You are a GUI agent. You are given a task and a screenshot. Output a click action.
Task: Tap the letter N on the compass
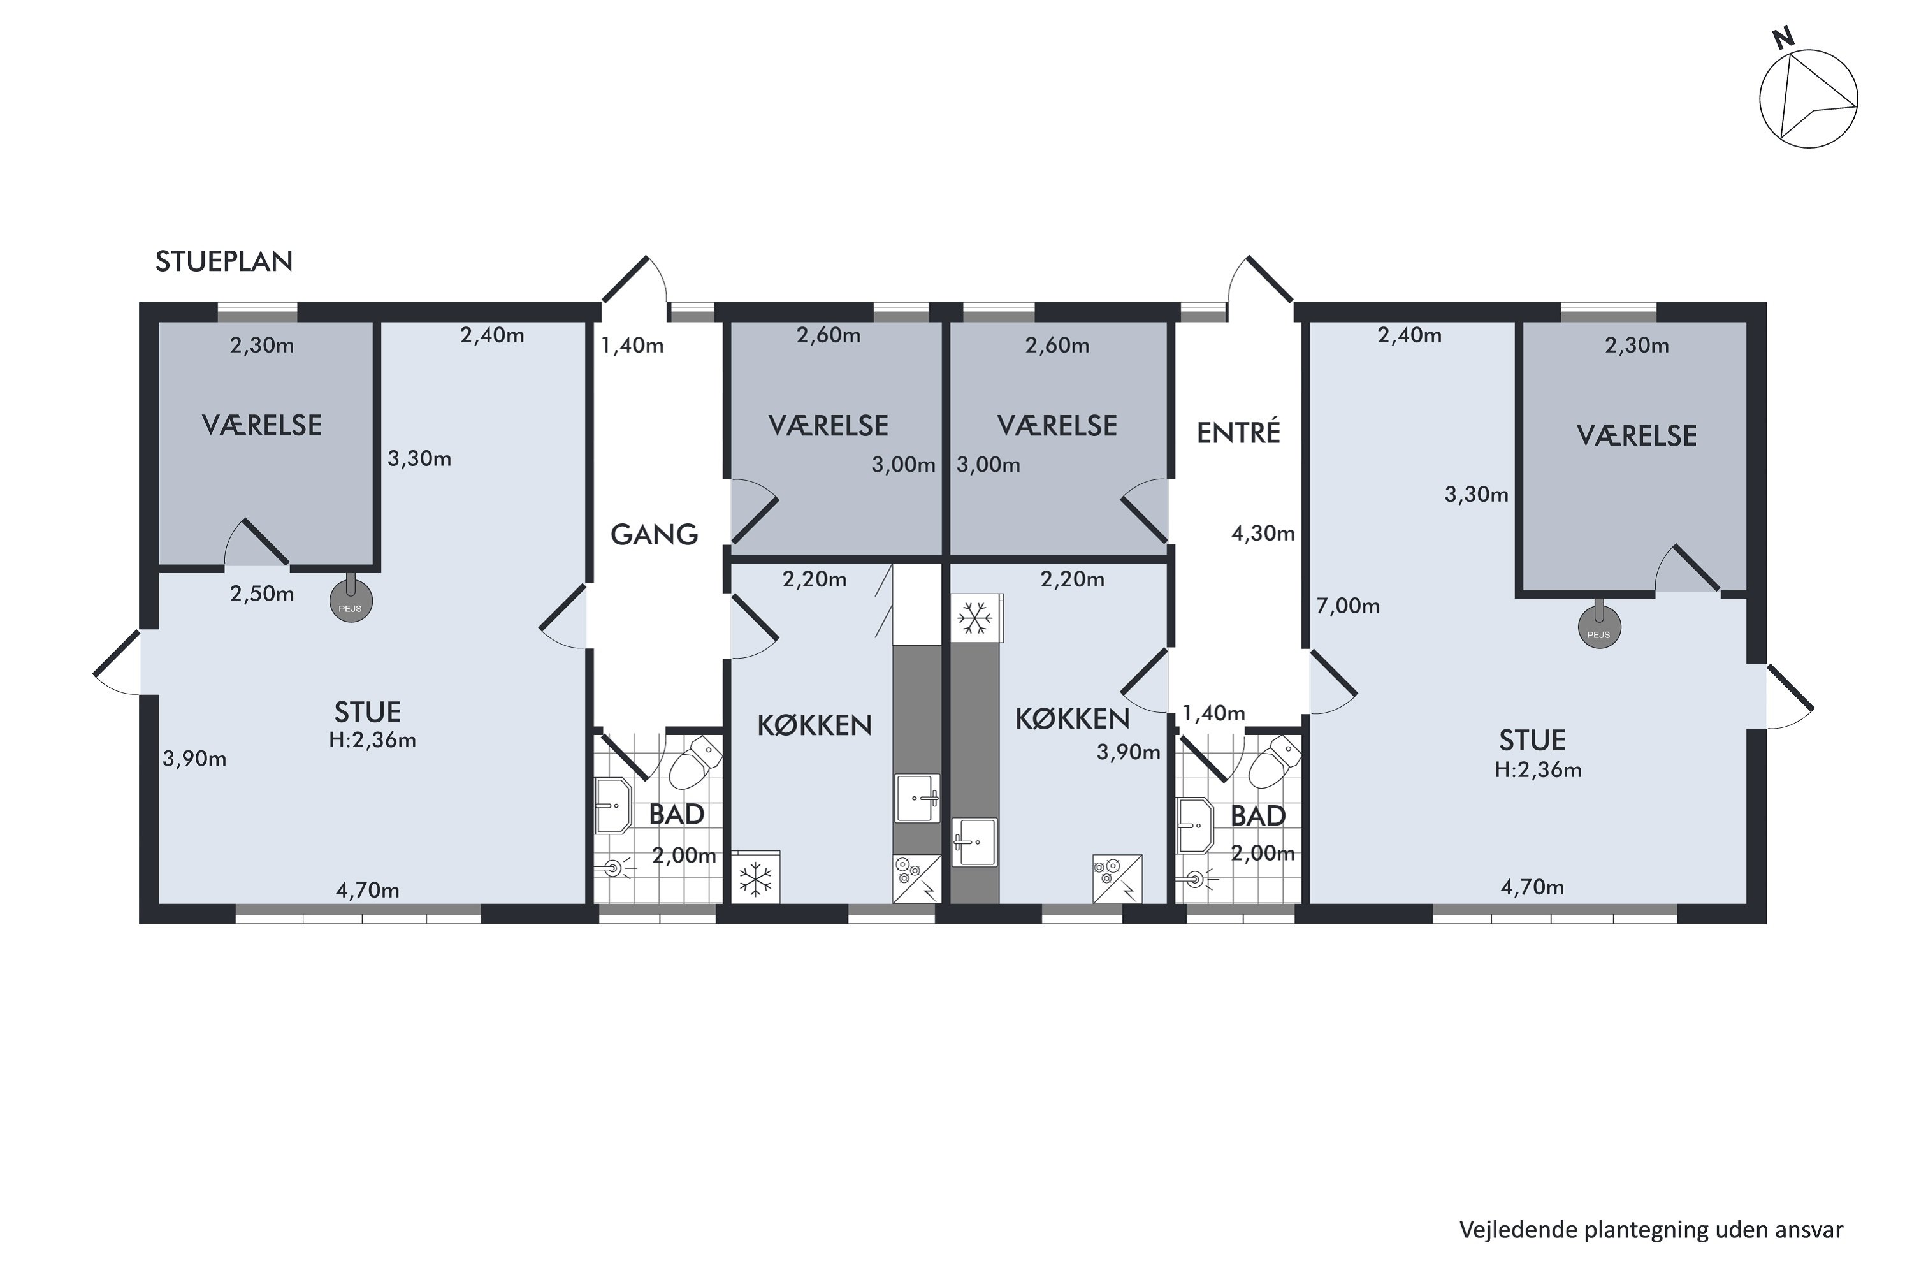tap(1783, 38)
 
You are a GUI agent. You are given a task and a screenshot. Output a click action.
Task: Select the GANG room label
tap(655, 534)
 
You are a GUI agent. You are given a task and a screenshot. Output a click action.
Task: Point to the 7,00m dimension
tap(1348, 606)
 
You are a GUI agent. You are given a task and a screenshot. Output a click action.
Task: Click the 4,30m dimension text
tap(1263, 534)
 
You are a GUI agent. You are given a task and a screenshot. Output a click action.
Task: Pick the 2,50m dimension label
tap(262, 594)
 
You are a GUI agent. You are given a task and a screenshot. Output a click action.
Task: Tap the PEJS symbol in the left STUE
tap(351, 602)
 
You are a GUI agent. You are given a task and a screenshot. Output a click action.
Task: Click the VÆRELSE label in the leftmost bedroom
tap(262, 425)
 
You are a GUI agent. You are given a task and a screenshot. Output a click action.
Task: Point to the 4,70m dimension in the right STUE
tap(1532, 887)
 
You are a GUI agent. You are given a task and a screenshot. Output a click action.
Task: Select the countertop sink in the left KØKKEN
tap(918, 799)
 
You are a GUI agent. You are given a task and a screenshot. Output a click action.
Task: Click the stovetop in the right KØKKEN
tap(1117, 879)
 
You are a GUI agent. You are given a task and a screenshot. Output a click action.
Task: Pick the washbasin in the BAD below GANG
tap(614, 806)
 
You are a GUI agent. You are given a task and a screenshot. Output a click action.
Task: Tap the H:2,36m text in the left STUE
tap(372, 740)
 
